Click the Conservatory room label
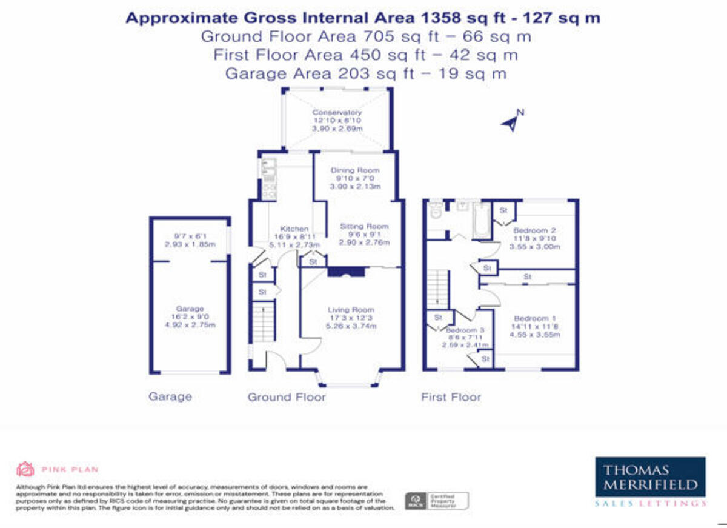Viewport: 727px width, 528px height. click(x=337, y=112)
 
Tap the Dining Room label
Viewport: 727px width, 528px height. click(x=354, y=170)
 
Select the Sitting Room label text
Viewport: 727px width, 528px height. click(x=363, y=226)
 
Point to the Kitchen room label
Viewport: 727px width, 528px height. click(x=293, y=229)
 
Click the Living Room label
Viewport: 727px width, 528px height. click(x=351, y=309)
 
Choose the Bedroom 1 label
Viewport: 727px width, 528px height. click(x=534, y=319)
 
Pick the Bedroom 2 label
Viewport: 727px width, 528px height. click(x=534, y=230)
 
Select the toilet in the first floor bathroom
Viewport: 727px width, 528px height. click(x=435, y=211)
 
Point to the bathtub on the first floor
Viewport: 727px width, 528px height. click(x=480, y=219)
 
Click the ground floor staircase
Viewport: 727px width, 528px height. click(x=263, y=324)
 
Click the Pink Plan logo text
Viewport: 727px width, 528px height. click(x=70, y=469)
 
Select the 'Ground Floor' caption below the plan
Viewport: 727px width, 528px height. click(x=286, y=398)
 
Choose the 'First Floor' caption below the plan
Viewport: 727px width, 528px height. click(x=451, y=398)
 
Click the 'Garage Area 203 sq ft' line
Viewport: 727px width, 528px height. click(x=365, y=74)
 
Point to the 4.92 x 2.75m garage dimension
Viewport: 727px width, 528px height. click(x=190, y=326)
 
